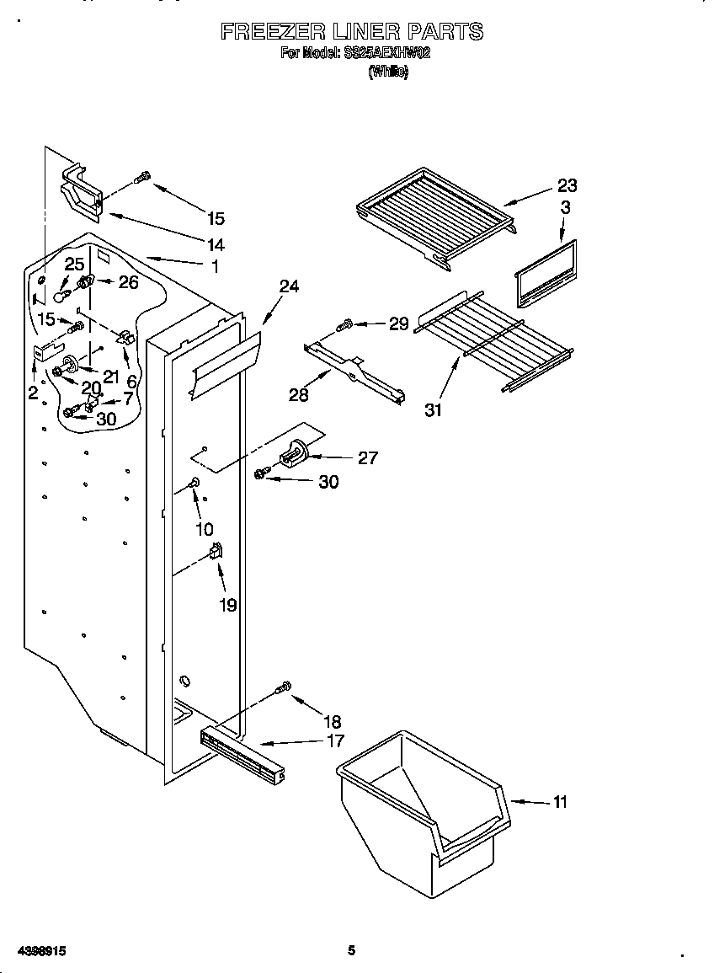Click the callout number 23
567,186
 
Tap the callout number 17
335,741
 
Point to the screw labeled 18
285,688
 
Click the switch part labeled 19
216,552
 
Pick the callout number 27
367,458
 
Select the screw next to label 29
344,323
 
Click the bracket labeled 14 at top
82,193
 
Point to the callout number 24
288,286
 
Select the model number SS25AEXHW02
386,52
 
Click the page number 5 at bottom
352,951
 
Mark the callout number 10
204,529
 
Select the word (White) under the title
387,72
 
